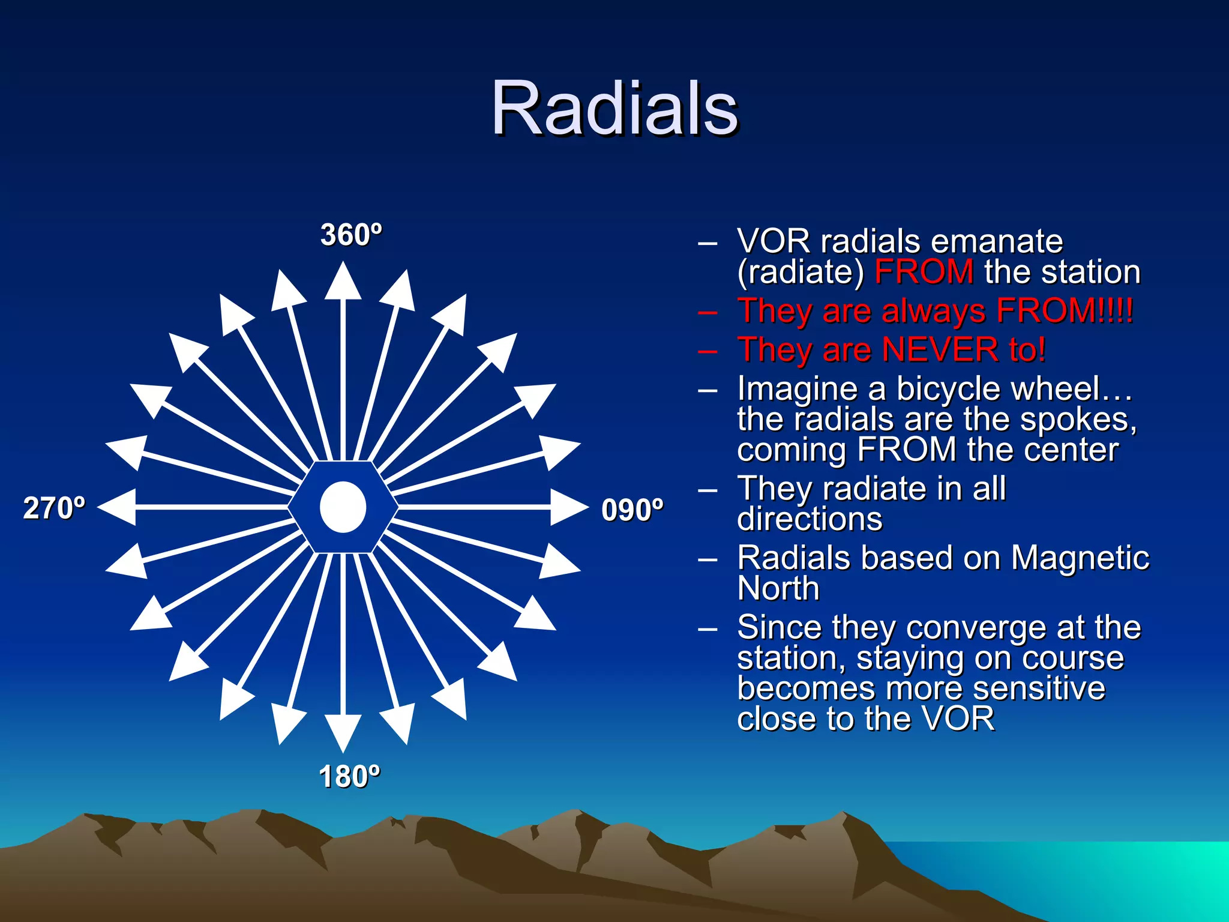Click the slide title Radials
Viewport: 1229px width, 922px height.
coord(614,109)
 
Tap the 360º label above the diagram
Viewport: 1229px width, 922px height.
coord(350,235)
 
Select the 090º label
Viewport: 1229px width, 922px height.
coord(632,510)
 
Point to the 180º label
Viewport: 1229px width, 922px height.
coord(349,777)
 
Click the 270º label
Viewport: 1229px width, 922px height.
coord(54,508)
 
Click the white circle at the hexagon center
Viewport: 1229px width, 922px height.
coord(343,507)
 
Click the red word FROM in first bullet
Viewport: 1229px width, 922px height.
coord(924,272)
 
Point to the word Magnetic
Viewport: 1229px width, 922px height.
coord(1080,558)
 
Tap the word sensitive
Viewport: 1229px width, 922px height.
coord(1038,688)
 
